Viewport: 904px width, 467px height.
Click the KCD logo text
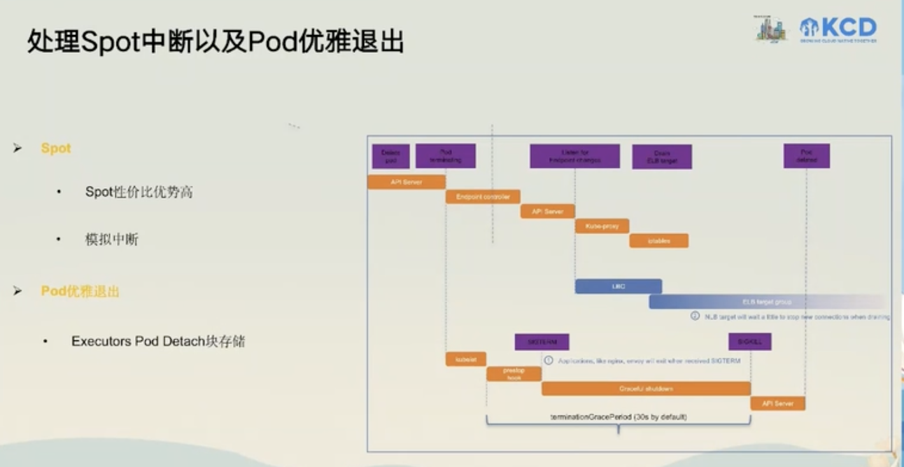[847, 28]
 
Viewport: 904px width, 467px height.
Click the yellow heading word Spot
[56, 148]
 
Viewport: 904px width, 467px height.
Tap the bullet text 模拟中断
[111, 239]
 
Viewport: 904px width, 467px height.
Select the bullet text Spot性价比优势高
[139, 192]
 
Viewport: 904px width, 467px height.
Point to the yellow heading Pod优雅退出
[80, 291]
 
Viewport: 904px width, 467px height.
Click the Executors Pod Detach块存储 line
[158, 341]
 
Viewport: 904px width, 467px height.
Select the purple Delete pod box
[391, 157]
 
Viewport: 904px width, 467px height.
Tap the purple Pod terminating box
[446, 157]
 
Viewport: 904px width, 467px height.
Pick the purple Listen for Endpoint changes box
[574, 157]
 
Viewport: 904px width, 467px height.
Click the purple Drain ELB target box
[661, 157]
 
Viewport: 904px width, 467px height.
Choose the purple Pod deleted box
[807, 157]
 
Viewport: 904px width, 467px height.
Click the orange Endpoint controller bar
[483, 197]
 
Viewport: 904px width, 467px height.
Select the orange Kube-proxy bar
[602, 226]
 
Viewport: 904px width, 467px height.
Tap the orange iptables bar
[659, 240]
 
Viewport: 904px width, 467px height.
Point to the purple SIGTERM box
[542, 342]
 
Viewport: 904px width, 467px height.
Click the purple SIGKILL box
[749, 342]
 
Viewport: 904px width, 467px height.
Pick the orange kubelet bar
[466, 359]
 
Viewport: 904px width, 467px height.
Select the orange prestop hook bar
[514, 374]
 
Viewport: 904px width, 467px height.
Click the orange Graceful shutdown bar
[646, 388]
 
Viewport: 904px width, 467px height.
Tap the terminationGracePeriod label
[618, 417]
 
